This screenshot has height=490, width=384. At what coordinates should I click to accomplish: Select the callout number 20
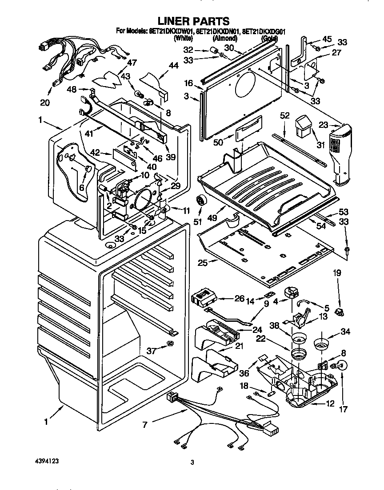[45, 102]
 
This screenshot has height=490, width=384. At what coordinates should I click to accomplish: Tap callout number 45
[327, 39]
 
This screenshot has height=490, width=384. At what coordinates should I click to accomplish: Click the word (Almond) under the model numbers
[224, 39]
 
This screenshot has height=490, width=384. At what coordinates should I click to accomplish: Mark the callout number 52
[284, 115]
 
